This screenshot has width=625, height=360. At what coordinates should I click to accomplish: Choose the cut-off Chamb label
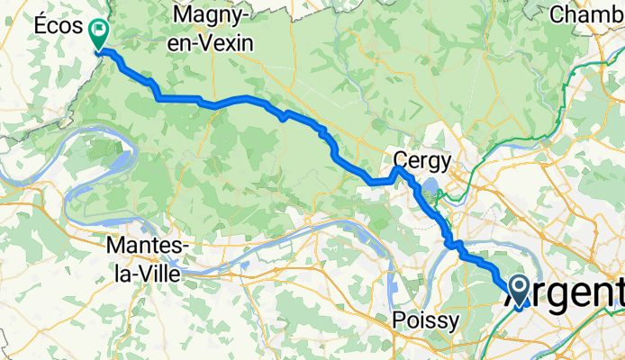click(x=585, y=14)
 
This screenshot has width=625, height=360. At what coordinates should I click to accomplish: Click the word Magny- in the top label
click(x=213, y=15)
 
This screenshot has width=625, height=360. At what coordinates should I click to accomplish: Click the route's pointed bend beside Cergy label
click(x=395, y=168)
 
